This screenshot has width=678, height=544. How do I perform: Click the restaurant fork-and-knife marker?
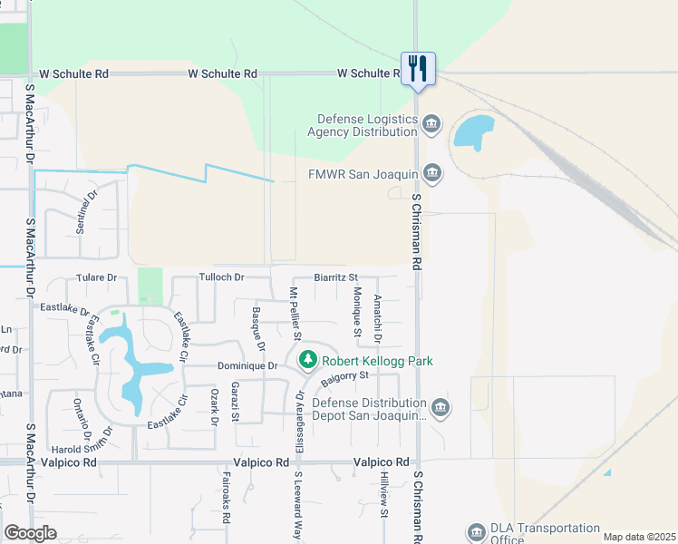tap(418, 69)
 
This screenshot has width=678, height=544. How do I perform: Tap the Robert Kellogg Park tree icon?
tap(308, 361)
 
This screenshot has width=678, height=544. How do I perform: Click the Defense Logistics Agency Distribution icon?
tap(431, 123)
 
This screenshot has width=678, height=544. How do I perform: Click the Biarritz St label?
tap(336, 277)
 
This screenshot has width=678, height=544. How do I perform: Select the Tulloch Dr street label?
tap(222, 277)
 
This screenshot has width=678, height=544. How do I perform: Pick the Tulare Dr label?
tap(97, 277)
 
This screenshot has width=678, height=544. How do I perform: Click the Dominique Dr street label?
tap(247, 366)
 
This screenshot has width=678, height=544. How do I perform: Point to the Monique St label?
tap(358, 313)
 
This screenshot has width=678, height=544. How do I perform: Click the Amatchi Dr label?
tap(379, 319)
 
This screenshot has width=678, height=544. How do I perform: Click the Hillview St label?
tap(384, 500)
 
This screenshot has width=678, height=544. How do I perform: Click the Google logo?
tap(31, 533)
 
